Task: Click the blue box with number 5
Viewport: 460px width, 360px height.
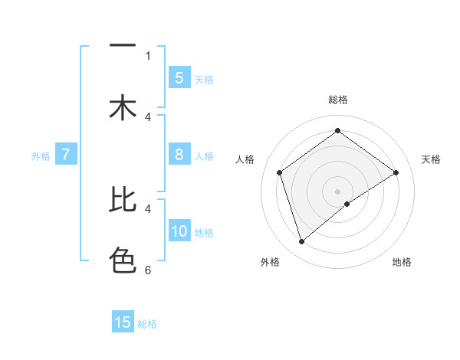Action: click(179, 78)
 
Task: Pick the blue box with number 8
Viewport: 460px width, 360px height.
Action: click(179, 155)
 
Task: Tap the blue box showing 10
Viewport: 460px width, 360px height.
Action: click(179, 231)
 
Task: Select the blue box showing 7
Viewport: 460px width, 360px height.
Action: click(66, 155)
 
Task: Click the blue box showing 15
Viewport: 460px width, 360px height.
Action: click(123, 322)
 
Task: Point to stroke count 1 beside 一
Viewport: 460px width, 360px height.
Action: click(148, 55)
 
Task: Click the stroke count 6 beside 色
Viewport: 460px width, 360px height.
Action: click(148, 270)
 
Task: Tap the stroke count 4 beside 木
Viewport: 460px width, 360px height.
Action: click(148, 116)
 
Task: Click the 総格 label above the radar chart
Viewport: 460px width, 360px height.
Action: click(337, 100)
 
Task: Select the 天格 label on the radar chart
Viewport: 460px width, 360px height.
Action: click(431, 159)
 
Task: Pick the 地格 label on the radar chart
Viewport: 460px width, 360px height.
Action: click(402, 262)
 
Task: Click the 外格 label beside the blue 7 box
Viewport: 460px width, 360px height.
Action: click(41, 155)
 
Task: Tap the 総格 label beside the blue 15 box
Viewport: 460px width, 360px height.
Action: click(147, 323)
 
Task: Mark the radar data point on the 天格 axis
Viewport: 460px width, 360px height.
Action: click(396, 172)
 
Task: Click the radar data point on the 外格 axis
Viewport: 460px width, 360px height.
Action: click(301, 242)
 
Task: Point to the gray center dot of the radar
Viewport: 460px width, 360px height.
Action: click(338, 191)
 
